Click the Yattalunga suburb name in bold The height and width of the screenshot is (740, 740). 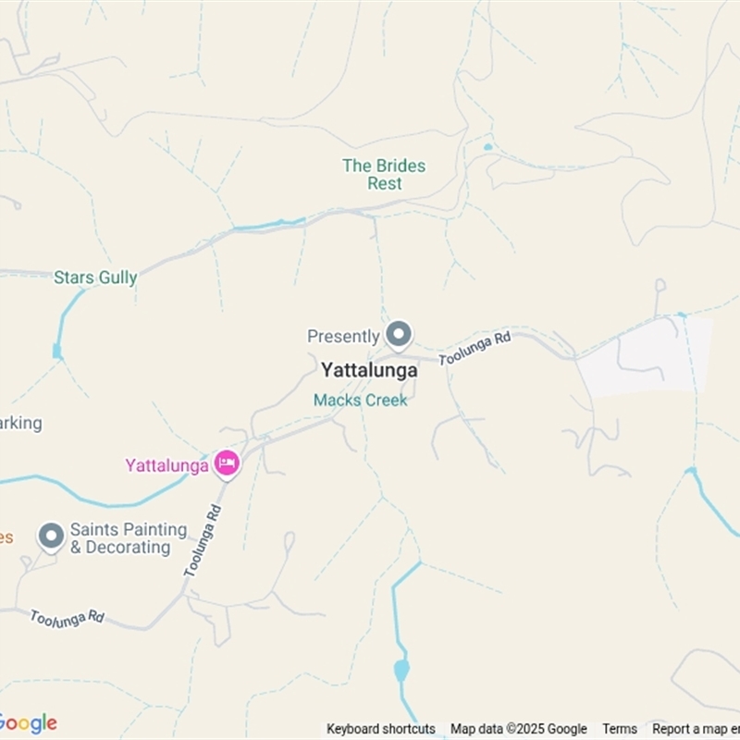(369, 370)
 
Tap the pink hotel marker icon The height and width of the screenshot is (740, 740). (227, 463)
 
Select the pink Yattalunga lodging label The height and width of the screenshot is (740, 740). (167, 465)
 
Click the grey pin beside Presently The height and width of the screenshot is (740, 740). (399, 334)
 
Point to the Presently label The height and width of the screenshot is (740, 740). (343, 337)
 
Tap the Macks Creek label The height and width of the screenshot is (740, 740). (360, 401)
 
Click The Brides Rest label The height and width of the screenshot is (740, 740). (384, 175)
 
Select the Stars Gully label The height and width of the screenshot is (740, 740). (95, 277)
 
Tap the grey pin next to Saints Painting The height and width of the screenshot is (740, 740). (51, 536)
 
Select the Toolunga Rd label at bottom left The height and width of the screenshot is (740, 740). (67, 618)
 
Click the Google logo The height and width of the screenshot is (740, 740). (28, 723)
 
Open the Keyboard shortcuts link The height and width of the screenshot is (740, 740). (380, 729)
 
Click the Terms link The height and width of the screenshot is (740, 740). (620, 729)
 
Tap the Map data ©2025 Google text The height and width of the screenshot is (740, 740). (519, 729)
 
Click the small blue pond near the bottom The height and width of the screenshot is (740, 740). (401, 669)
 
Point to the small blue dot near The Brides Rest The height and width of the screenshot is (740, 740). (487, 146)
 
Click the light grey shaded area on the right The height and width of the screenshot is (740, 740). (647, 356)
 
